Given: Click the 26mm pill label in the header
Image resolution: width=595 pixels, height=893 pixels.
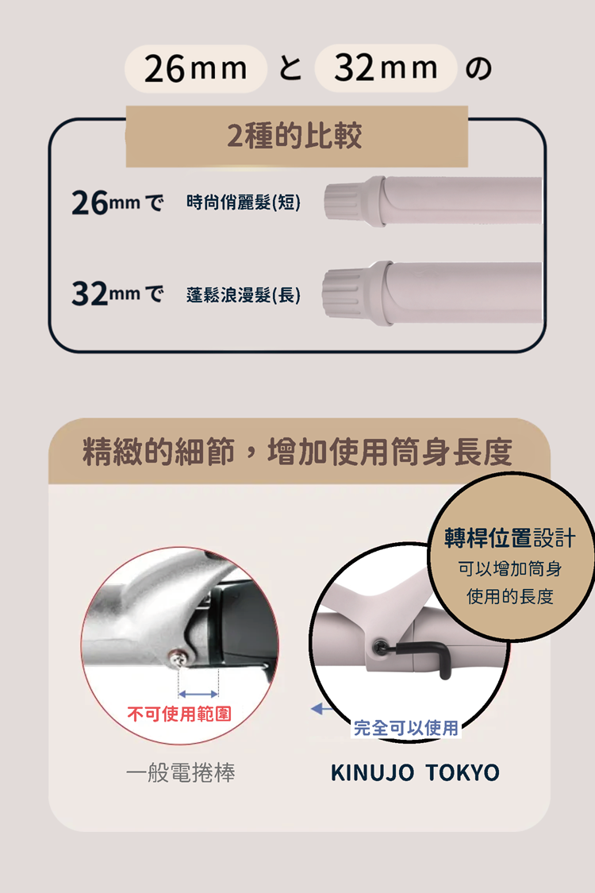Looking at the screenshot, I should coord(195,69).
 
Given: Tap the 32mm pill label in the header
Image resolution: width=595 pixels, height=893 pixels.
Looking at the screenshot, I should coord(386,69).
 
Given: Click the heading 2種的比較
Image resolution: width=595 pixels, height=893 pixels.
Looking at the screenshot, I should coord(294,137).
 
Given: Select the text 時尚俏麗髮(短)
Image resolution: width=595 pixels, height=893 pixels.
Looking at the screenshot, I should coord(244,202).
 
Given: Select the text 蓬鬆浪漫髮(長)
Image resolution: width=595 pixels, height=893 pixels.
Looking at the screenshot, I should coord(244,295).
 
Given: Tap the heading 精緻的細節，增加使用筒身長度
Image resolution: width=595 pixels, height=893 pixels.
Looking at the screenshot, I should coord(297,452).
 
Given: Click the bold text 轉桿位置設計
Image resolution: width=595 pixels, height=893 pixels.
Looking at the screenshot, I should coord(509,539).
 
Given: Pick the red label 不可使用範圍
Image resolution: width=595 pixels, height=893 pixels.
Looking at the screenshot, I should coord(179,714).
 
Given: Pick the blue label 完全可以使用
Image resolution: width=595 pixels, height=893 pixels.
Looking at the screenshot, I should coord(405,727).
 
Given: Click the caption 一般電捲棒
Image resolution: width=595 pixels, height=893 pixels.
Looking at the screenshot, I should coord(181,772).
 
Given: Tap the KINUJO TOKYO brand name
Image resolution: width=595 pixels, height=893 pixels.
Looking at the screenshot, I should coord(415,772).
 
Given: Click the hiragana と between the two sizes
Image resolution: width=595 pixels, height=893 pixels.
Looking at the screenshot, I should coord(290,69).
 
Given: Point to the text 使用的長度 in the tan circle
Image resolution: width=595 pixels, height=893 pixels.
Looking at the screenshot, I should coord(509,596).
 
